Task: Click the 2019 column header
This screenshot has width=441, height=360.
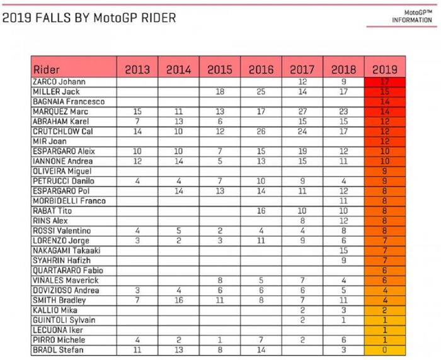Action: tap(385, 69)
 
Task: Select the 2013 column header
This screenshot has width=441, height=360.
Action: tap(137, 69)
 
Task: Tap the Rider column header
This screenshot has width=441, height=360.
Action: tap(47, 69)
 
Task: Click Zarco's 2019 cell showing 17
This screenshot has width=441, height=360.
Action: tap(385, 82)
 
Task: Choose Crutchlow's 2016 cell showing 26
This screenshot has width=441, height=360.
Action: tap(261, 132)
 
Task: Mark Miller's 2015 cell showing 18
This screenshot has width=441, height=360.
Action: tap(220, 92)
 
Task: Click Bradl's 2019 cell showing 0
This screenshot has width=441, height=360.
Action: tap(385, 349)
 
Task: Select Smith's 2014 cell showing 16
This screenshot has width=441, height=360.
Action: tap(178, 300)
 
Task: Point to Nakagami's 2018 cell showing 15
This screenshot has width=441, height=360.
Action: tap(343, 250)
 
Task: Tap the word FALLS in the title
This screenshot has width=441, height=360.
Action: tap(54, 18)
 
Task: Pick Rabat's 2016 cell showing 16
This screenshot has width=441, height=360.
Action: tap(261, 211)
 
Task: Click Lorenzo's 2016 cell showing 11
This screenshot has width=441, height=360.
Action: tap(261, 240)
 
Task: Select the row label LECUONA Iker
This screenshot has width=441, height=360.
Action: tap(54, 330)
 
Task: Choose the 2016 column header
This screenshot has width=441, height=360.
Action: tap(261, 69)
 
